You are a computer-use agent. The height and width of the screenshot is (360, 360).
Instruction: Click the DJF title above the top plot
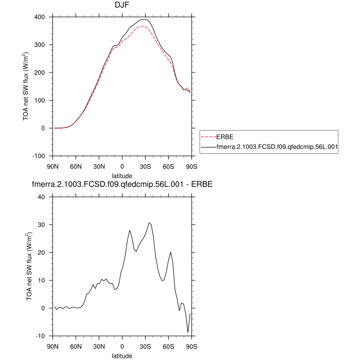(x=122, y=5)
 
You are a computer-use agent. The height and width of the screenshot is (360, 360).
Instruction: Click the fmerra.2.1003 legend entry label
(x=277, y=147)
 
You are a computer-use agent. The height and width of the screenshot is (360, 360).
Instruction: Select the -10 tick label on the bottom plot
(x=40, y=336)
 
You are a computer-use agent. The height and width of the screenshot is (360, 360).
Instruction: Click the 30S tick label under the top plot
(x=146, y=166)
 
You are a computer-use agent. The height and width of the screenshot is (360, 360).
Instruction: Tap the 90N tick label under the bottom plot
(x=52, y=346)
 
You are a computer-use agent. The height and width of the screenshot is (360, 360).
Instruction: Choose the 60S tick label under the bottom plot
(x=169, y=346)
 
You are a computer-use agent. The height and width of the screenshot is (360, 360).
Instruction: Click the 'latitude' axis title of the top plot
(x=122, y=175)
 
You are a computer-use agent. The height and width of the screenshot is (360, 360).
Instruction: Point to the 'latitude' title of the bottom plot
(x=122, y=355)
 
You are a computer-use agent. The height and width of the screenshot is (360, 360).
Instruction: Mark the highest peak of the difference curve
(x=149, y=223)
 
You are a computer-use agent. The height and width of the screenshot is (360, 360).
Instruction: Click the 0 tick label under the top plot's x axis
(x=122, y=166)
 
